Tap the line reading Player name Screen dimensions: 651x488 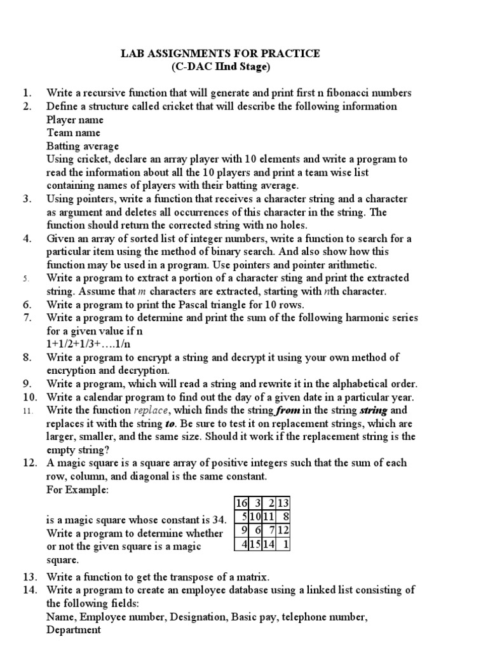(x=75, y=120)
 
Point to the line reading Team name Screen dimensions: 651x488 (x=73, y=133)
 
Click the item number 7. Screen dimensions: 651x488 (x=27, y=318)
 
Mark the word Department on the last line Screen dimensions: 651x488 (x=74, y=630)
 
